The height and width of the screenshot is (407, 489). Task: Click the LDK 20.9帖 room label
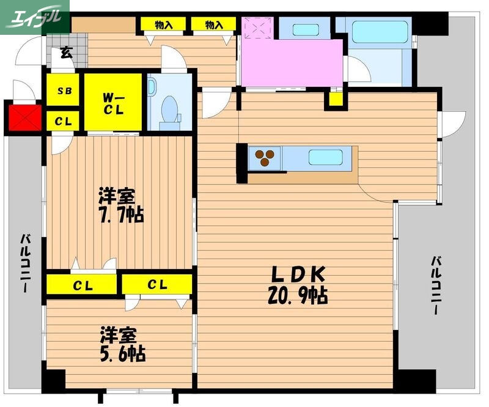pos(298,285)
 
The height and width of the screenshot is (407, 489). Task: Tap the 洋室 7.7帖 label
pos(122,206)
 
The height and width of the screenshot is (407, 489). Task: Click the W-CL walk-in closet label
pos(114,103)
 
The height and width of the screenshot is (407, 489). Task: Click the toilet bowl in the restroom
pos(169,109)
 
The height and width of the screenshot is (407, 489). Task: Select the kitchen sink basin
pos(324,157)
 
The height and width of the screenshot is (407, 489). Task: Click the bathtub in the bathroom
pos(380,32)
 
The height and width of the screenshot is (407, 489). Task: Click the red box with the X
pos(24,118)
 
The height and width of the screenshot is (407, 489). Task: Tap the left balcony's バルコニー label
pos(26,263)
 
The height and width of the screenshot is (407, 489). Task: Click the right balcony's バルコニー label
pos(436,285)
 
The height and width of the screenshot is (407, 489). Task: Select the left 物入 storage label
pos(163,25)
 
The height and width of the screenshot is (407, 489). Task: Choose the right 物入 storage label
pos(213,25)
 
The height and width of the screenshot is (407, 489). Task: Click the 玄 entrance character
pos(66,52)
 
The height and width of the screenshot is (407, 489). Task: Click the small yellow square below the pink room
pos(334,98)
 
